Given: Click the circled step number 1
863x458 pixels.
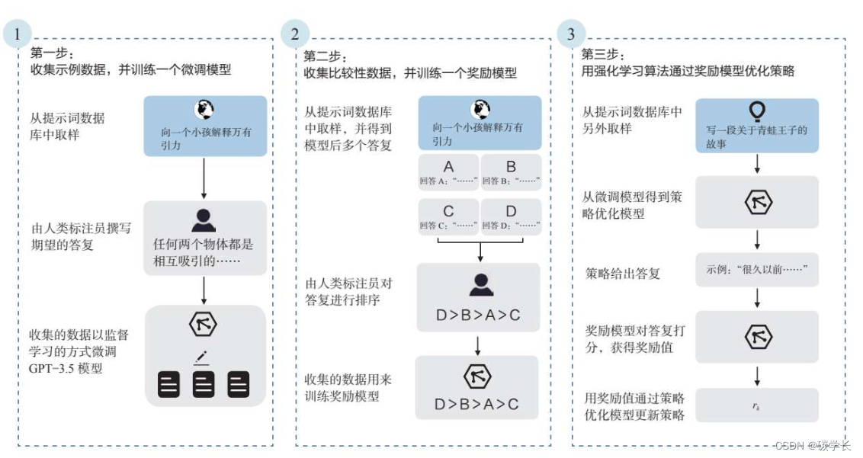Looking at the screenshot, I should [x=19, y=34].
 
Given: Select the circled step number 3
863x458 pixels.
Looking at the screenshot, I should [x=572, y=34].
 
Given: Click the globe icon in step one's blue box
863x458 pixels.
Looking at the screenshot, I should [x=204, y=109].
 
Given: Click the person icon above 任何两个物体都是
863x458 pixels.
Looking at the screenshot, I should [x=204, y=220].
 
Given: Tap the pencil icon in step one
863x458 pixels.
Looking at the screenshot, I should [x=201, y=356].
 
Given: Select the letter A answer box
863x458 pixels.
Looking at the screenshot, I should [x=448, y=172].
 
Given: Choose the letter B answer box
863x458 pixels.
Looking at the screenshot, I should [x=511, y=172].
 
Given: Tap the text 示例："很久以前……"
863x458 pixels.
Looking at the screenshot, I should [x=756, y=270].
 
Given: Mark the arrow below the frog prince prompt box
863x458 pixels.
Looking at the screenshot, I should [x=756, y=163].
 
